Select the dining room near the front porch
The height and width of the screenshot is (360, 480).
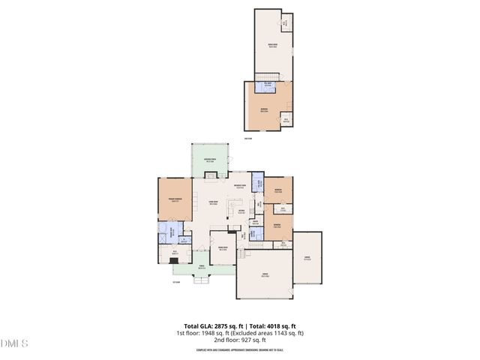click(223, 250)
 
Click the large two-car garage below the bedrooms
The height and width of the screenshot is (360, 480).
click(264, 275)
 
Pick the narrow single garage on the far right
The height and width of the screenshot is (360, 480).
click(307, 257)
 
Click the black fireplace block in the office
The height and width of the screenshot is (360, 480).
click(174, 259)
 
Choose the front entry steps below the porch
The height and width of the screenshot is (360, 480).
click(200, 282)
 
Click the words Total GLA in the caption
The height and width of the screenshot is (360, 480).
click(191, 325)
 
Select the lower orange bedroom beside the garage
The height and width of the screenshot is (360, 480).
click(277, 225)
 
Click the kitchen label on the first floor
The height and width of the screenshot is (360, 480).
click(241, 211)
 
